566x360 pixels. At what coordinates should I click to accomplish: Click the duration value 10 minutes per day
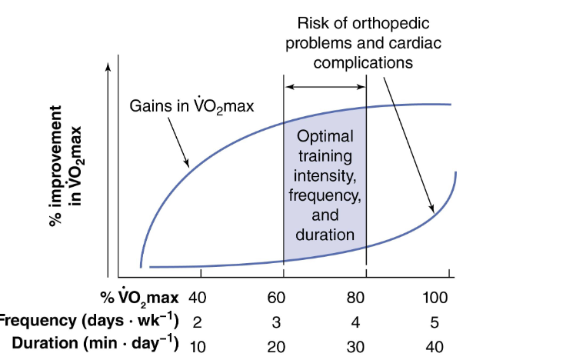click(x=197, y=346)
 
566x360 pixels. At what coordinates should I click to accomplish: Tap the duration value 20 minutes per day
click(x=276, y=346)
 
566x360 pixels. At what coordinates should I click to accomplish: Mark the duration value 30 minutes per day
click(x=357, y=346)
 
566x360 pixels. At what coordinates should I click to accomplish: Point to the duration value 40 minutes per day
click(x=434, y=346)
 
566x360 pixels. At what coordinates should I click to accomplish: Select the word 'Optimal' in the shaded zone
click(x=325, y=136)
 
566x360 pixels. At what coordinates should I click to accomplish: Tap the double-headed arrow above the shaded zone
click(x=325, y=87)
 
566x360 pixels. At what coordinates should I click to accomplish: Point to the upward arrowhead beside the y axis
click(x=108, y=65)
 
